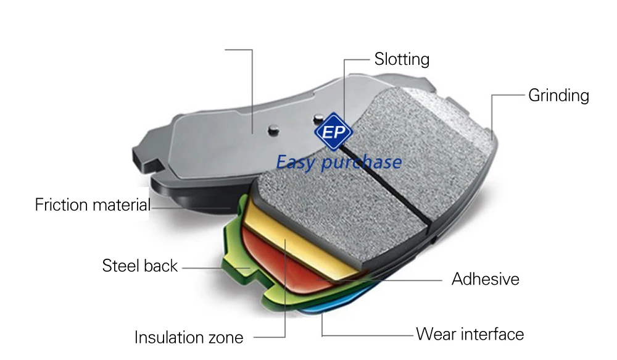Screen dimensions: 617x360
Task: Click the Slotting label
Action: coord(402,60)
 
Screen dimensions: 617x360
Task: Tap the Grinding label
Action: coord(558,96)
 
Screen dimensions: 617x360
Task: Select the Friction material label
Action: coord(93,205)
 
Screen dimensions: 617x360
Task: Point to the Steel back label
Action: coord(139,266)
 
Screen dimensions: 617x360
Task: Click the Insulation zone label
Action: coord(189,338)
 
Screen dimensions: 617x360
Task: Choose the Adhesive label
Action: coord(485,279)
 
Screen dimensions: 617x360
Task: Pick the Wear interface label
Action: coord(470,335)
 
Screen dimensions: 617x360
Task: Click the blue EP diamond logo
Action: coord(333,132)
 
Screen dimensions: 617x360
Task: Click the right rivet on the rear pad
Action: coord(318,118)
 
